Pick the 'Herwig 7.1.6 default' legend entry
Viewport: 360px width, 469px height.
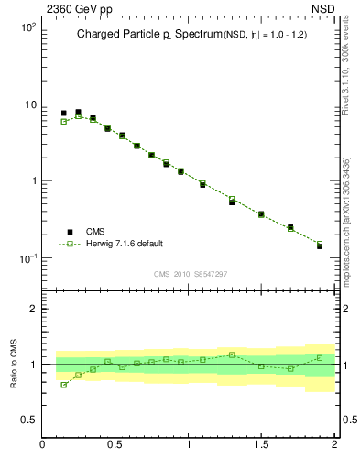123,244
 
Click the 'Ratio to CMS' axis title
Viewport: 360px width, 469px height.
14,364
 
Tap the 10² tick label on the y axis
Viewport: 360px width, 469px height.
27,27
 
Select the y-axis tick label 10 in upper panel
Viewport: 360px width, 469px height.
29,104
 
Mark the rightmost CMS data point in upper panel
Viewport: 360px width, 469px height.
320,245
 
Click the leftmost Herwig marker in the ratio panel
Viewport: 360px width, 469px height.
63,385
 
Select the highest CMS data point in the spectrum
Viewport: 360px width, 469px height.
78,112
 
